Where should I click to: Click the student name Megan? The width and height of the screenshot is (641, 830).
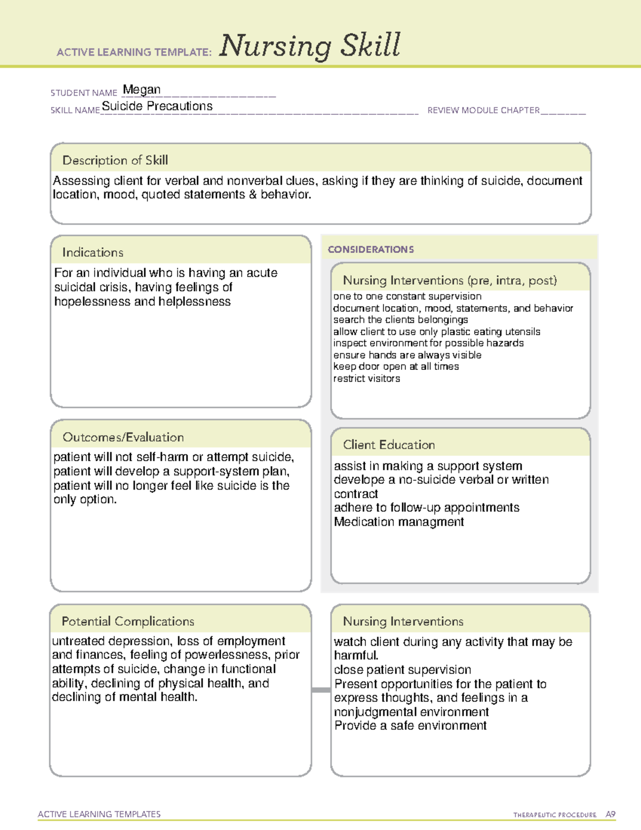click(x=142, y=90)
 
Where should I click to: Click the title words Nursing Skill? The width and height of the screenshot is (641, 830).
click(x=309, y=46)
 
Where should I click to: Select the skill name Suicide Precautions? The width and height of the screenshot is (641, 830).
click(x=157, y=106)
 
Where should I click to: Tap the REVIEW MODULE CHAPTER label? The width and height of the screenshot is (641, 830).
click(x=483, y=111)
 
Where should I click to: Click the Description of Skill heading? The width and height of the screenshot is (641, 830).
click(x=115, y=160)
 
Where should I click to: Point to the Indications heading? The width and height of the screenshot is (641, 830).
click(x=93, y=252)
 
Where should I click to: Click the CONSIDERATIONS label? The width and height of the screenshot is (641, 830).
click(x=371, y=250)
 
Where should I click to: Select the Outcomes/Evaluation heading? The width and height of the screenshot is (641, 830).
click(x=123, y=437)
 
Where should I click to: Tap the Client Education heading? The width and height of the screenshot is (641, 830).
click(x=389, y=445)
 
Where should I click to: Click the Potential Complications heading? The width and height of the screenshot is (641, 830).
click(x=128, y=621)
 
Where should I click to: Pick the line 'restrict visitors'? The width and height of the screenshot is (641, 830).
click(x=366, y=378)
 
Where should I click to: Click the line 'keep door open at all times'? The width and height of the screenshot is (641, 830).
click(x=396, y=367)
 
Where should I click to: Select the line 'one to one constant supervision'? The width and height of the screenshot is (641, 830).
click(x=407, y=296)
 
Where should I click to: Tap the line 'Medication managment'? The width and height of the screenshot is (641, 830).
click(x=399, y=522)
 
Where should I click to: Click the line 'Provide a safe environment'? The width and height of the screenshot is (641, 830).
click(x=410, y=726)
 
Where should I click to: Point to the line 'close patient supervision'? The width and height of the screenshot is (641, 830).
click(x=402, y=670)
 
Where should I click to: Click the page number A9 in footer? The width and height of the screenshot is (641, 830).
click(x=611, y=815)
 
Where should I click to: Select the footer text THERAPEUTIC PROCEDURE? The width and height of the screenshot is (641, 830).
click(x=554, y=815)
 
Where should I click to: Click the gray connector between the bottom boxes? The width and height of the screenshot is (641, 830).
click(x=321, y=690)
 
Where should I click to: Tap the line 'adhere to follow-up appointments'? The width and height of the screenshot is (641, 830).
click(x=426, y=508)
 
